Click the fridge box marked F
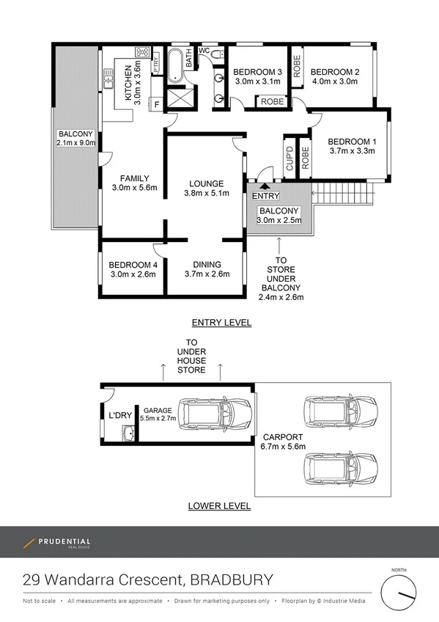click(x=156, y=105)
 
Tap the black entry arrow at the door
click(x=265, y=189)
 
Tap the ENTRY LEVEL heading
click(x=221, y=323)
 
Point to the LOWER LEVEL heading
click(x=219, y=506)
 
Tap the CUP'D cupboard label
click(x=289, y=157)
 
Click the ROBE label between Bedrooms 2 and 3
click(x=297, y=68)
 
